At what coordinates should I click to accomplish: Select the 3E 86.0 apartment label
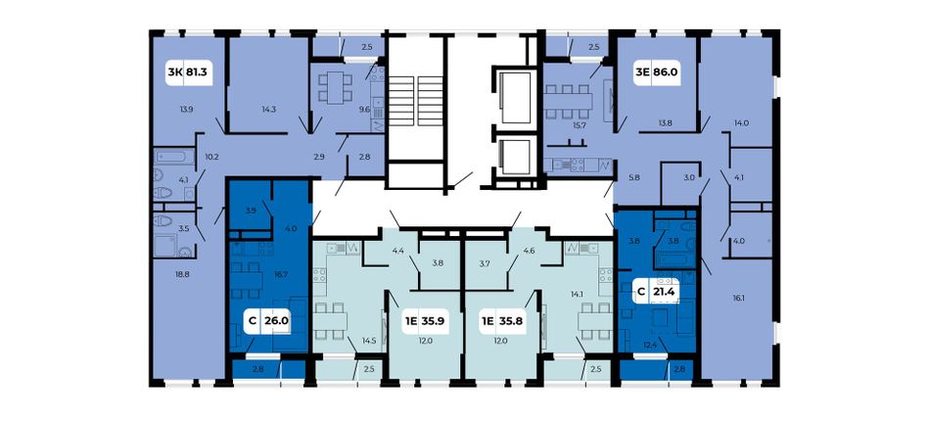(657, 72)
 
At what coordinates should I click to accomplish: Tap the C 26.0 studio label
(268, 321)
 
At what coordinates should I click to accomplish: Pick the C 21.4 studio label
(657, 291)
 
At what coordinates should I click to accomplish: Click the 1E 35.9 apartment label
(424, 322)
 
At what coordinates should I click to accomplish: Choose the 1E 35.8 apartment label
(502, 322)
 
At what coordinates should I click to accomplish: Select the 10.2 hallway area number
(211, 158)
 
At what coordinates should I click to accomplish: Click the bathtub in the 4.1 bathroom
(174, 158)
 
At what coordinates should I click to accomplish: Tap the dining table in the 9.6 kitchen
(336, 87)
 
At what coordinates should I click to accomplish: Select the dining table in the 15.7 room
(568, 102)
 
